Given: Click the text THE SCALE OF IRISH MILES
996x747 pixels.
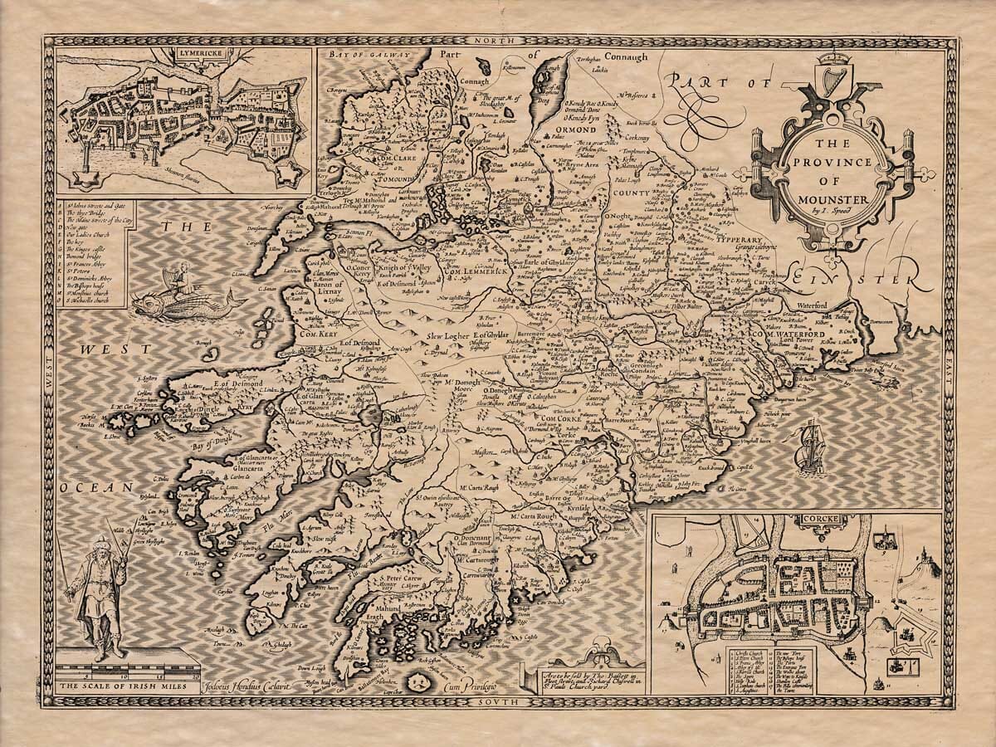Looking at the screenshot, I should coord(127,686).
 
